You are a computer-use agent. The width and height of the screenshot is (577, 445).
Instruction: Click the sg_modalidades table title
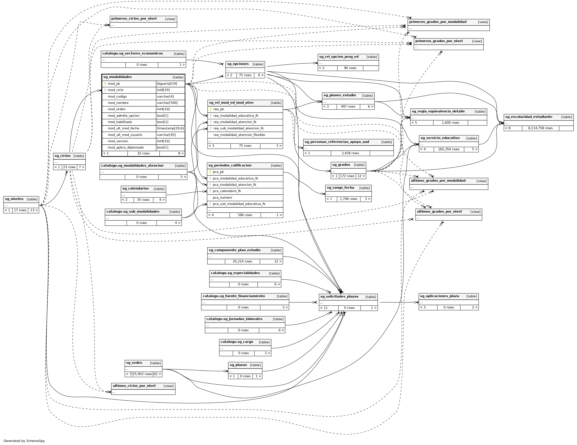(x=118, y=77)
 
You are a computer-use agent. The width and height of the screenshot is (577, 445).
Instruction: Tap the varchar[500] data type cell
(x=167, y=103)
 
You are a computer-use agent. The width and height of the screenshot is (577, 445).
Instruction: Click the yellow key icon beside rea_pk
(x=211, y=109)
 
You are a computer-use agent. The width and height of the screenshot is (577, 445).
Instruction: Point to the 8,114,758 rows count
(x=540, y=128)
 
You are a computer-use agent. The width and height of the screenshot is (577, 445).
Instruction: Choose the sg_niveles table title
(x=14, y=199)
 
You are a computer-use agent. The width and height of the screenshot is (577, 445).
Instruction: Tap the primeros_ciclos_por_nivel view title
(x=134, y=19)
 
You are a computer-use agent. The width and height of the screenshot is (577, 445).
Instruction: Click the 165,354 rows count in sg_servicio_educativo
(x=449, y=149)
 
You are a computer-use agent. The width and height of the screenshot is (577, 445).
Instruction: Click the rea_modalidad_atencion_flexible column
(x=239, y=135)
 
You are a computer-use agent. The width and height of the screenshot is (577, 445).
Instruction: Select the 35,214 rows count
(x=242, y=262)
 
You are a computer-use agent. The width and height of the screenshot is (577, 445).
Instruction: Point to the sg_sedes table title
(x=134, y=363)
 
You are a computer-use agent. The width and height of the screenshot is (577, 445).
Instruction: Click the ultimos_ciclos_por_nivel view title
(x=134, y=386)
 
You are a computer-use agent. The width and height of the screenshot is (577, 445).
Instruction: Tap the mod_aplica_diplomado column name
(x=126, y=147)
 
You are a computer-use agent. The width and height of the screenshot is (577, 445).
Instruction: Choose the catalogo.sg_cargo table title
(x=237, y=342)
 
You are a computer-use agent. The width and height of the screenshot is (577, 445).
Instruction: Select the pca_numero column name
(x=222, y=198)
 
